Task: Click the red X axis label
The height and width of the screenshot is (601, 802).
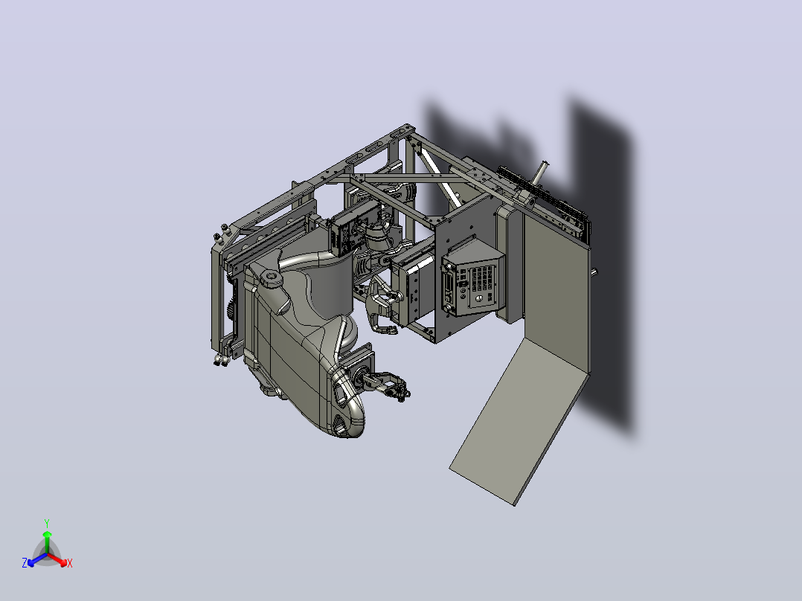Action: coord(70,563)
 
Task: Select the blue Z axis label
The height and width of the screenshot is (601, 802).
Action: coord(24,562)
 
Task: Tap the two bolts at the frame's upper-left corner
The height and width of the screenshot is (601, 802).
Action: coord(221,232)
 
